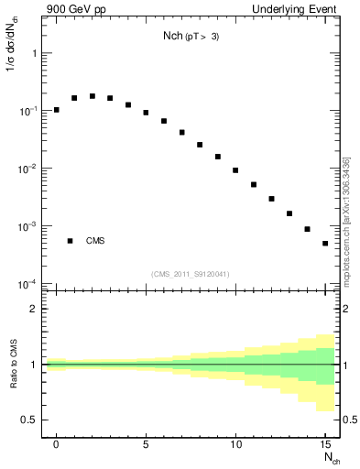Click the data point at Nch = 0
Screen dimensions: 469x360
coord(57,110)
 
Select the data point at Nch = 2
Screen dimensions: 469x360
coord(93,96)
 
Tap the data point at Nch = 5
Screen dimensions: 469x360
coord(146,113)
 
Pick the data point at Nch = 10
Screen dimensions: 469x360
coord(235,170)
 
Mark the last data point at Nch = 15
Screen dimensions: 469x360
coord(325,244)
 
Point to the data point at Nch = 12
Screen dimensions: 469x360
coord(271,199)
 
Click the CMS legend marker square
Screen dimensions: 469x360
coord(70,241)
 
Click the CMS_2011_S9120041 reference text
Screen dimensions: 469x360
coord(191,274)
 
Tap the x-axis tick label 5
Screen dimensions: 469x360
coord(146,443)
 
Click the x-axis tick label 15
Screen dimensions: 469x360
coord(325,443)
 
